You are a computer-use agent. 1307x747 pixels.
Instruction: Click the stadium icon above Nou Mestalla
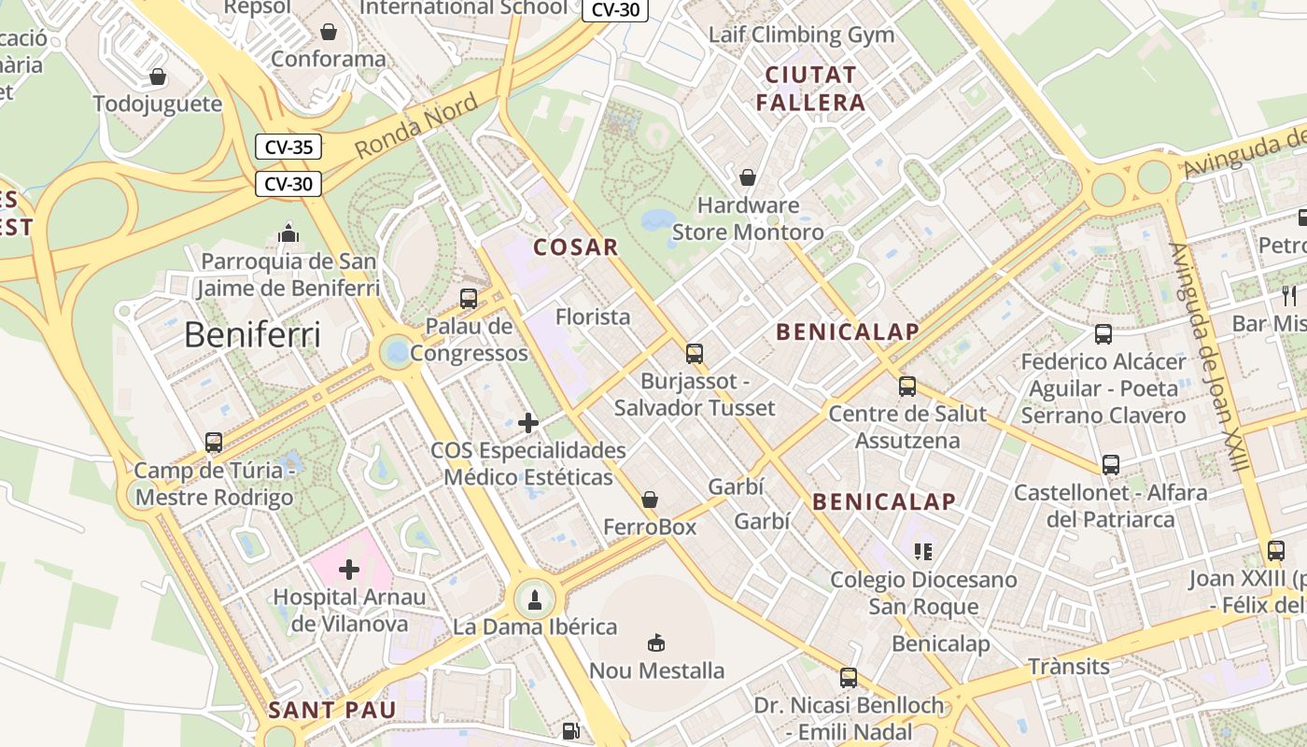(x=656, y=642)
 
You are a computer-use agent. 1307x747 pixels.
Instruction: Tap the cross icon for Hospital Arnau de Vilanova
(x=349, y=569)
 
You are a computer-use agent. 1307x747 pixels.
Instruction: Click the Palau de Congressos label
(x=469, y=340)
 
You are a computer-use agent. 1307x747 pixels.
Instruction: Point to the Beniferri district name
(x=252, y=334)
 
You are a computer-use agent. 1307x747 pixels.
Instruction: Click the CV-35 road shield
(x=288, y=147)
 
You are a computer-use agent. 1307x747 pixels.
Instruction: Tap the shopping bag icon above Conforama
(x=329, y=32)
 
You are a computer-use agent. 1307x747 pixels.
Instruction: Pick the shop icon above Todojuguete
(x=158, y=77)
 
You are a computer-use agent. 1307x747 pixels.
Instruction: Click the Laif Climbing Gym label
(x=801, y=35)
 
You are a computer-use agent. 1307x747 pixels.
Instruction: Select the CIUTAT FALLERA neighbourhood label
(x=810, y=89)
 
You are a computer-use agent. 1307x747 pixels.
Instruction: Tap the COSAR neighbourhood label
(x=575, y=247)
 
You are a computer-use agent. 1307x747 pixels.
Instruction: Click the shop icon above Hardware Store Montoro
(x=748, y=177)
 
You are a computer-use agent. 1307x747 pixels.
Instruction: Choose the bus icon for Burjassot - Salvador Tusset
(x=694, y=354)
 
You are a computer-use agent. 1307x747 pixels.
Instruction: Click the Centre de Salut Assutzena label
(x=907, y=427)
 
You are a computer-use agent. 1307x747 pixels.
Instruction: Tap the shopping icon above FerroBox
(x=650, y=500)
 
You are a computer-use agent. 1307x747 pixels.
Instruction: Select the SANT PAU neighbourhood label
(x=332, y=710)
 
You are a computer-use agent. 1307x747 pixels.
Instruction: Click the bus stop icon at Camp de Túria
(x=214, y=443)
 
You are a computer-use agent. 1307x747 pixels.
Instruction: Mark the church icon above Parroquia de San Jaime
(x=288, y=233)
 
